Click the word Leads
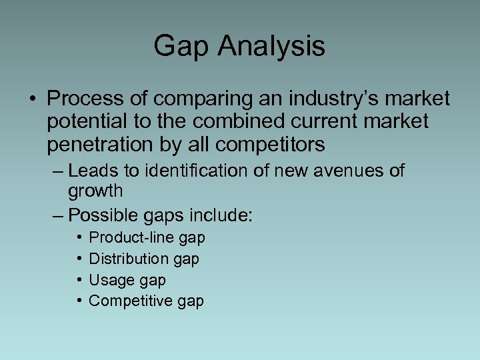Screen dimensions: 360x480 point(93,171)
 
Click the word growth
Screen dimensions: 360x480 point(95,192)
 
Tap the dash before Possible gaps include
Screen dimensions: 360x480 point(57,215)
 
